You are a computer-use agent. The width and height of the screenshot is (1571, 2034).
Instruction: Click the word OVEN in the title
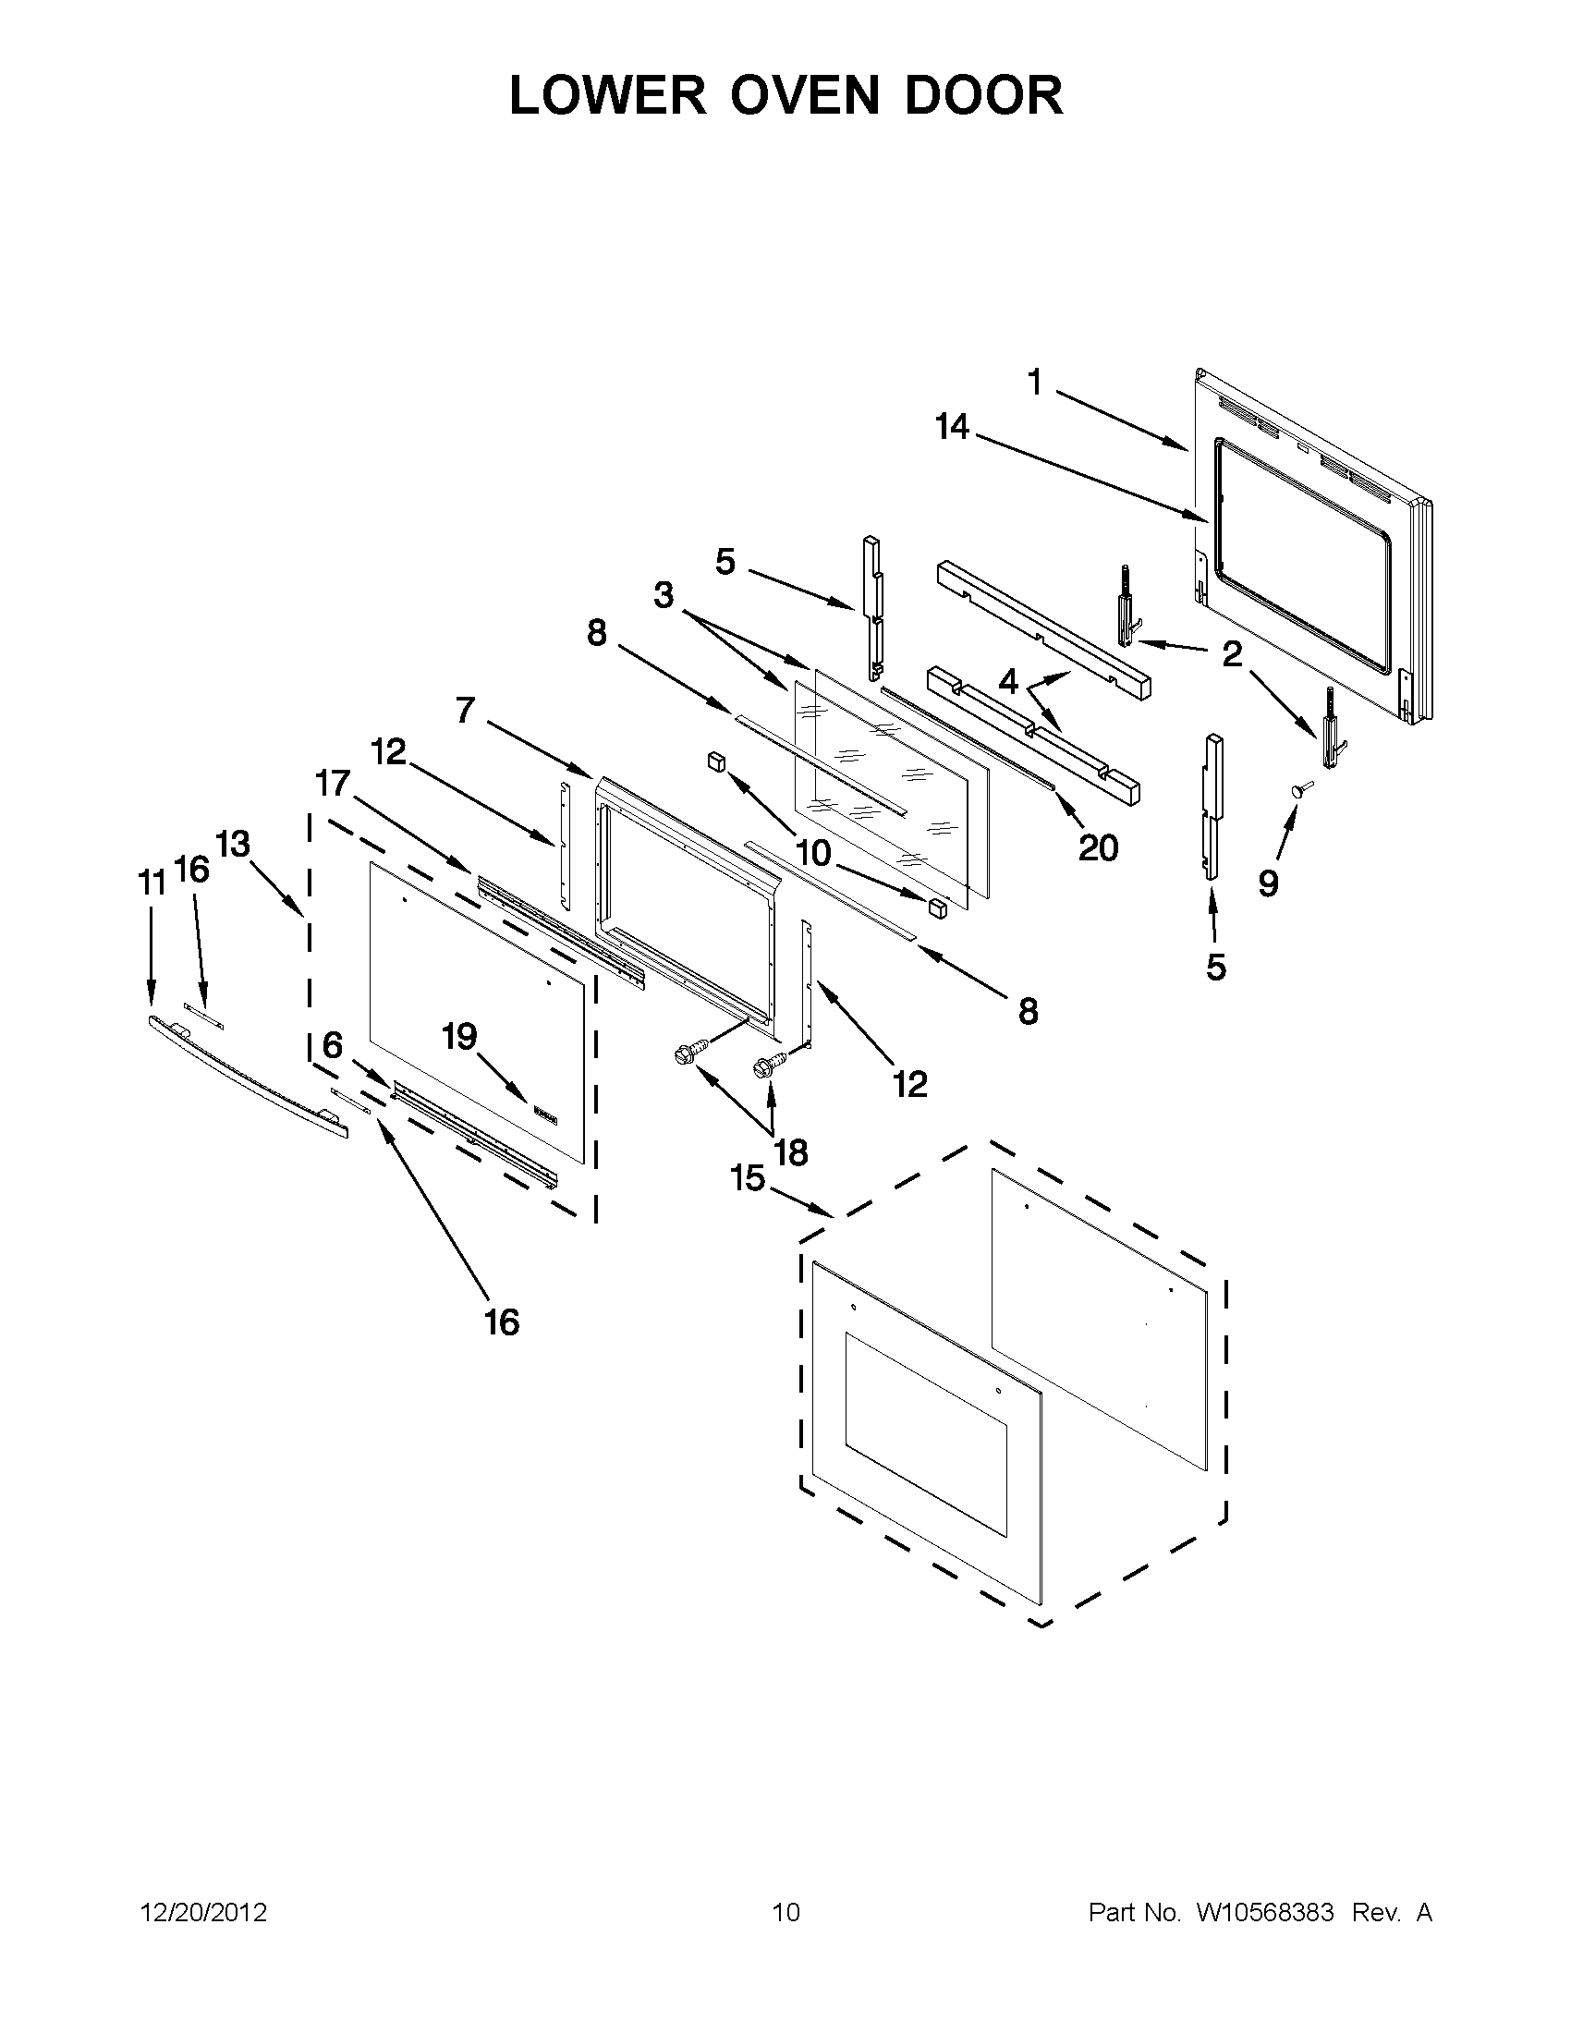pos(804,96)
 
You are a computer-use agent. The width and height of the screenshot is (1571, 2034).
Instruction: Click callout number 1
pos(1035,382)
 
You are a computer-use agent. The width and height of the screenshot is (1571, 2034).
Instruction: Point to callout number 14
pos(953,428)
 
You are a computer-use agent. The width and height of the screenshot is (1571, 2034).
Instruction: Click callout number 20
pos(1098,847)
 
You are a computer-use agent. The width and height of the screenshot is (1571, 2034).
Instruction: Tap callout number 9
pos(1268,882)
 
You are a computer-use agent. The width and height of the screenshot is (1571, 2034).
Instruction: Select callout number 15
pos(747,1178)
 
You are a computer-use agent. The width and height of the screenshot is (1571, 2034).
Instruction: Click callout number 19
pos(459,1037)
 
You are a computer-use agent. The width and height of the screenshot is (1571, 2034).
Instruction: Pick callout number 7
pos(466,711)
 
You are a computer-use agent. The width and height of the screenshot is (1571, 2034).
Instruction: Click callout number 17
pos(332,785)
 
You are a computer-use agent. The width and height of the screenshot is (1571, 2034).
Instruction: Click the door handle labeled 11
pos(247,1076)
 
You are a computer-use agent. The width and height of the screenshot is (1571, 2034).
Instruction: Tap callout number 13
pos(233,845)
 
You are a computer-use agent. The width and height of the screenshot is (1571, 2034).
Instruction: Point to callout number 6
pos(333,1045)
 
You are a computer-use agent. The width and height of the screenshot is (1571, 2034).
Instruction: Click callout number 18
pos(791,1153)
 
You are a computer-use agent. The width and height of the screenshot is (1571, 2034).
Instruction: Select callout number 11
pos(152,882)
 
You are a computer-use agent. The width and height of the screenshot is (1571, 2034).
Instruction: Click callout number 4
pos(1008,682)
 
